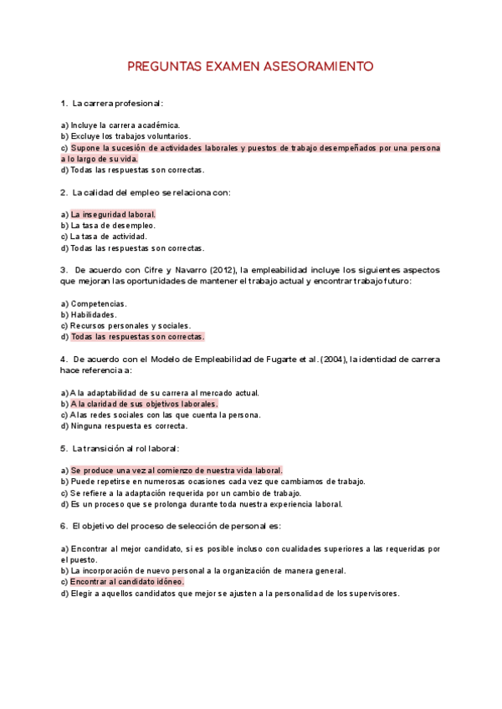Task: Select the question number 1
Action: click(x=64, y=103)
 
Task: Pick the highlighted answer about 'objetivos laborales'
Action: click(x=144, y=404)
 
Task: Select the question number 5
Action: click(x=64, y=448)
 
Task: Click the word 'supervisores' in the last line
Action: click(x=373, y=594)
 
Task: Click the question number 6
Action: click(x=64, y=526)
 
